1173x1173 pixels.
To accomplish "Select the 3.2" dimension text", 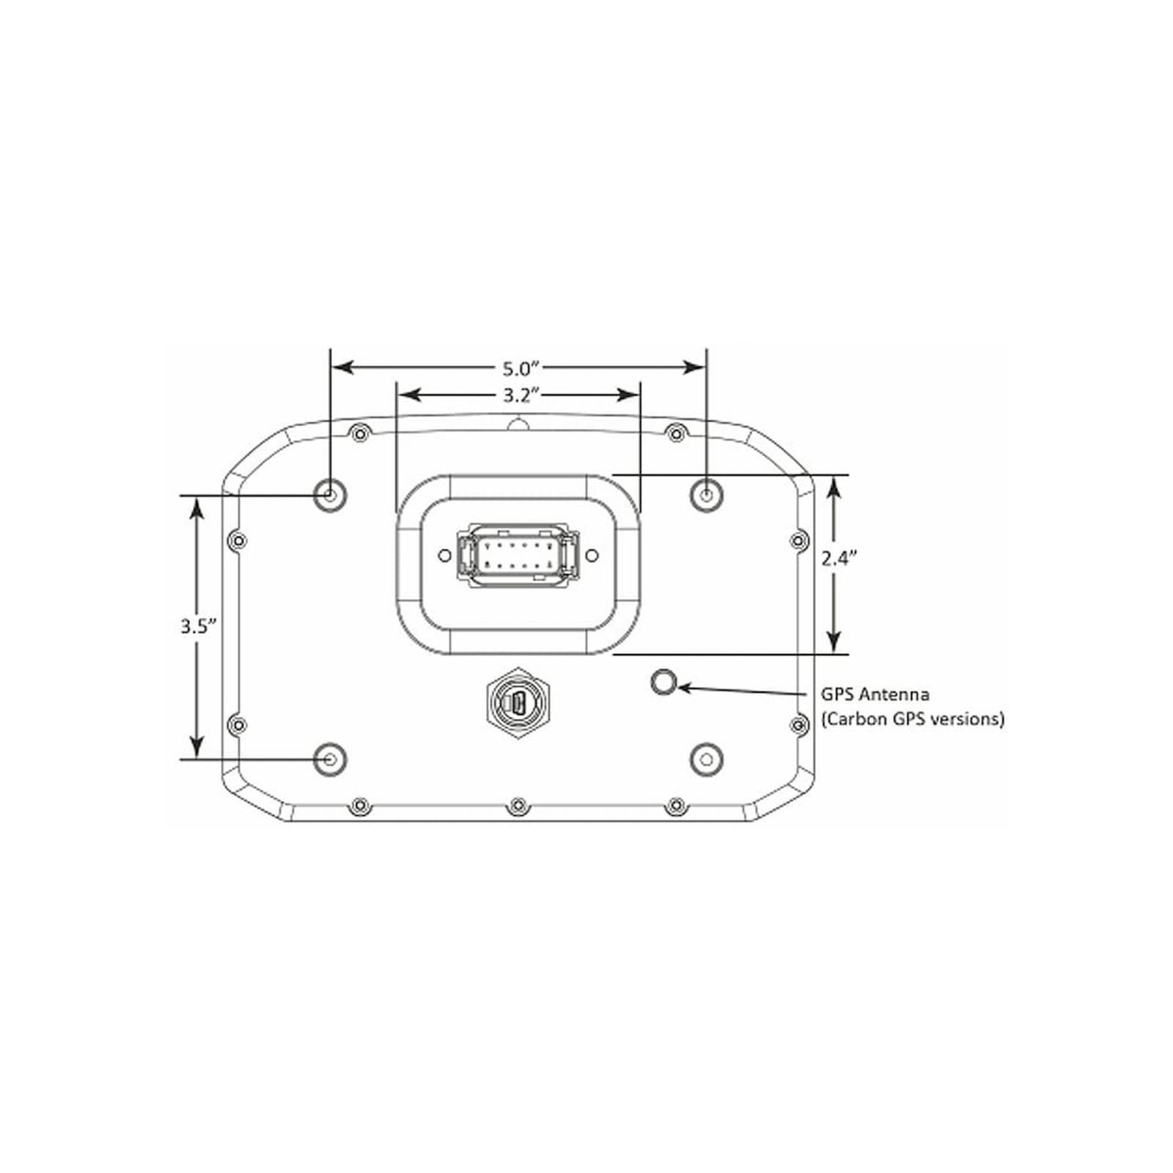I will (521, 396).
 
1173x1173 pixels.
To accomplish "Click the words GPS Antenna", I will (875, 694).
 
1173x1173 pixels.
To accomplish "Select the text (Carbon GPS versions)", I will (912, 719).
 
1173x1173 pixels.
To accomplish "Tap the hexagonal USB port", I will (518, 705).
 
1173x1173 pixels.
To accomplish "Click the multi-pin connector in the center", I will (518, 555).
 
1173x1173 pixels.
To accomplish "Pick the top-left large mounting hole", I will (330, 496).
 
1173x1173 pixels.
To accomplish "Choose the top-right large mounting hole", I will (706, 496).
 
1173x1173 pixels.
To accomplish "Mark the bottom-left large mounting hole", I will (330, 759).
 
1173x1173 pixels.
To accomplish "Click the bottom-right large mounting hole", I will (706, 759).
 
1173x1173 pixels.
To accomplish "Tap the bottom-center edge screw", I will (518, 807).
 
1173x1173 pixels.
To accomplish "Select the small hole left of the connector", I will (444, 556).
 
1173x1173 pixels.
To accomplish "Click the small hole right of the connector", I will (592, 556).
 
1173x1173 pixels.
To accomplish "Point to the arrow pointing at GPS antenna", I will (740, 690).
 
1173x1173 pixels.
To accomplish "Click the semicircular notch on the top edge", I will (518, 424).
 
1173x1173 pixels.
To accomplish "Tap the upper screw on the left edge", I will (238, 542).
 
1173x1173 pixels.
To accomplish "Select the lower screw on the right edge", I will (799, 725).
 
